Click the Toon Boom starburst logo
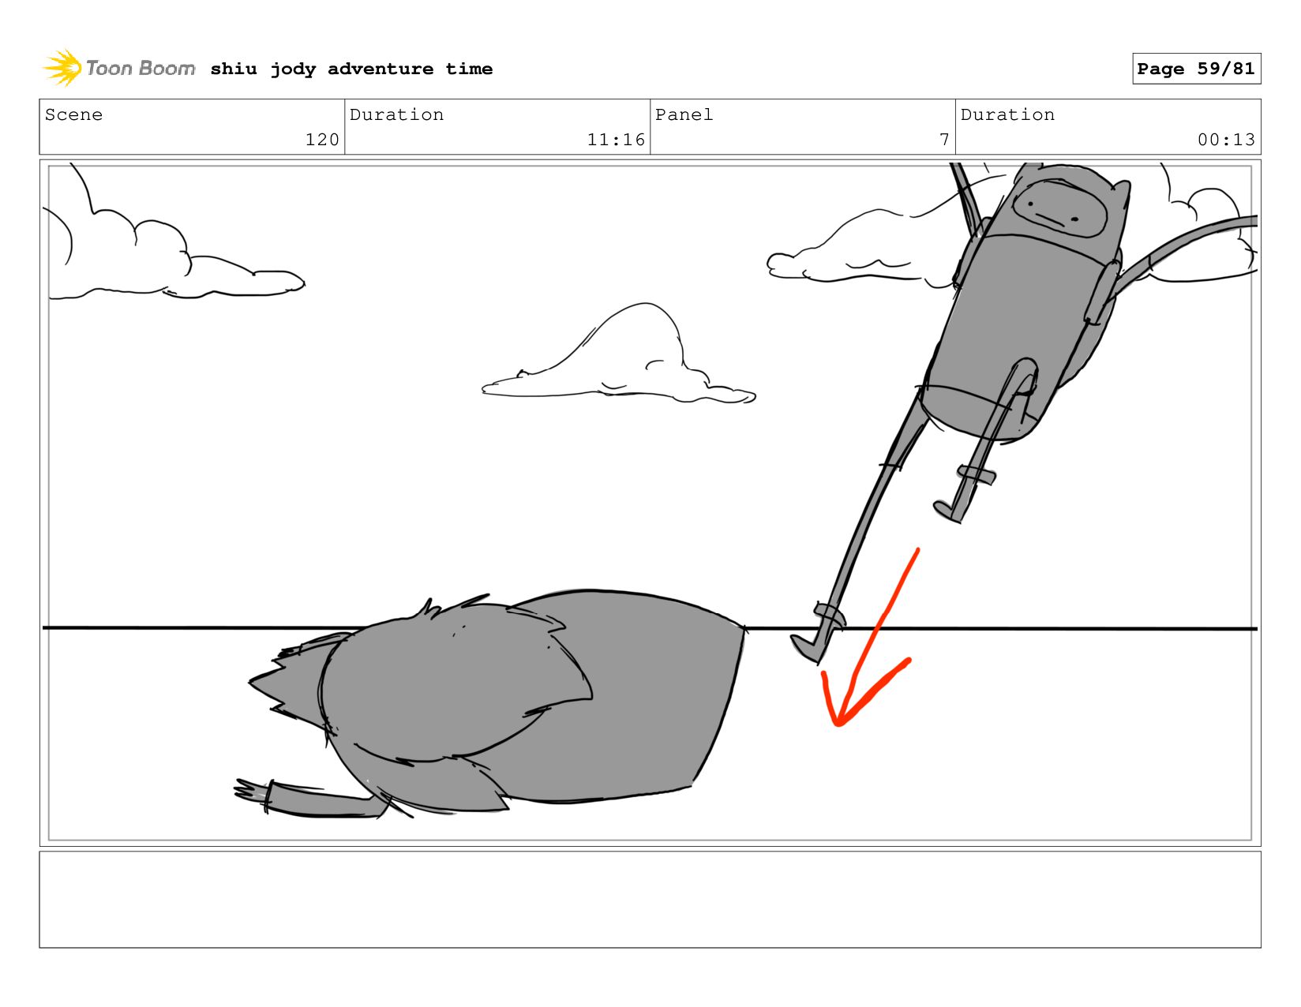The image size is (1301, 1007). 62,68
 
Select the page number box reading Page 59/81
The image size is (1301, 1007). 1196,68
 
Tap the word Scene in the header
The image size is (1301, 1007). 73,114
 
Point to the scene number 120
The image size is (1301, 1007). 322,140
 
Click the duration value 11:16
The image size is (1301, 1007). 616,140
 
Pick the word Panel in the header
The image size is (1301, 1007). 684,114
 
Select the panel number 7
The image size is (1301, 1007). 944,140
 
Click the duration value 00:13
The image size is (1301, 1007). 1225,140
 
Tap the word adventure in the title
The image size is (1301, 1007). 381,69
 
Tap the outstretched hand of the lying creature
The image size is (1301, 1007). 252,791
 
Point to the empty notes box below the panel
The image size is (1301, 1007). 650,900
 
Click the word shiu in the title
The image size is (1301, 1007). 234,69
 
